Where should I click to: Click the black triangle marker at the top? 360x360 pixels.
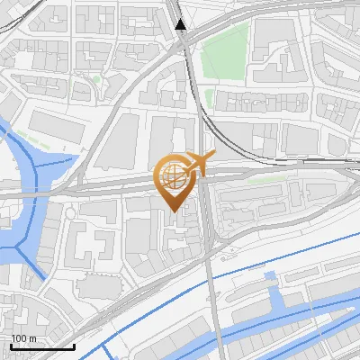[182, 24]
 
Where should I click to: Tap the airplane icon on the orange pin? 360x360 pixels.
[198, 162]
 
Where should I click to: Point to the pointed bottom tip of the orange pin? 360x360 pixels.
[174, 212]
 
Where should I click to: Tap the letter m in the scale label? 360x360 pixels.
[32, 338]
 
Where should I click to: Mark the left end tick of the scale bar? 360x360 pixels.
[11, 346]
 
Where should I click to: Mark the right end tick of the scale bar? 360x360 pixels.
[74, 346]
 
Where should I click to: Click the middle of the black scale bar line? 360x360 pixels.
[42, 347]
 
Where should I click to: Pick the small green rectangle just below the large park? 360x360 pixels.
[209, 97]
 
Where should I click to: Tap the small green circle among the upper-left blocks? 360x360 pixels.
[97, 79]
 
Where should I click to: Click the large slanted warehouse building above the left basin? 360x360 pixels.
[58, 125]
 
